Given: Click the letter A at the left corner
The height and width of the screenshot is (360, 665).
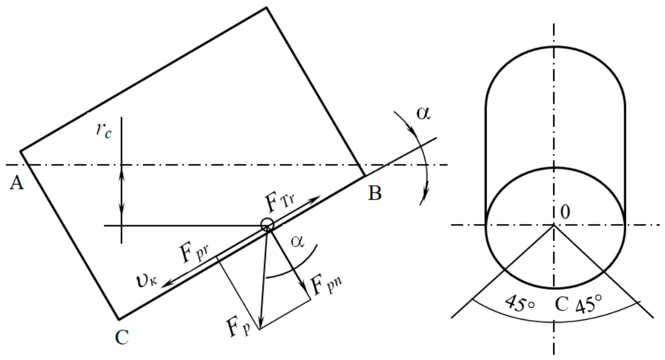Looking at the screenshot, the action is point(16,183).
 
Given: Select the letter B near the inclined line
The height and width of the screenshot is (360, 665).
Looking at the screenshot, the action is point(375,193).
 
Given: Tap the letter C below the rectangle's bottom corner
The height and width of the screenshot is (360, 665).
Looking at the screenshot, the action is point(121,338).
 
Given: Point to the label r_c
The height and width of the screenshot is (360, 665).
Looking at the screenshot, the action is point(104,131).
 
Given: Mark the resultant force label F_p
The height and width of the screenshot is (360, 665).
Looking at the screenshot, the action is point(238,328).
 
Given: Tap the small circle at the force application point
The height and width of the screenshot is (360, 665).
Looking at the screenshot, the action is point(267,224).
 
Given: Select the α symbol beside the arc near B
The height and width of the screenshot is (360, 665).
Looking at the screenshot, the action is point(423,113).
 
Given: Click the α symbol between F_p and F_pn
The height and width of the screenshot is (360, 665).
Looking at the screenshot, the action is point(298,241).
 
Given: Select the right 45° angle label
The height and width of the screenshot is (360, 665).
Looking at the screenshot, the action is point(588,304).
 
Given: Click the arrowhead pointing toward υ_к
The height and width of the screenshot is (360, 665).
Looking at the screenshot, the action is point(167,281).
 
